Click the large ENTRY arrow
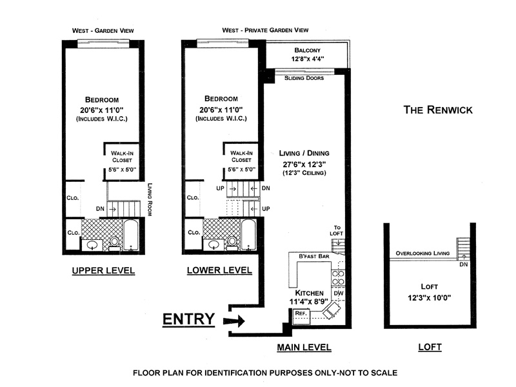pyautogui.click(x=234, y=321)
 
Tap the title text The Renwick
pyautogui.click(x=438, y=110)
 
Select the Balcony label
pyautogui.click(x=308, y=50)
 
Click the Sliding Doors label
pyautogui.click(x=304, y=79)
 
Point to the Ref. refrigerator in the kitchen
pyautogui.click(x=300, y=313)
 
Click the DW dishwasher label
pyautogui.click(x=338, y=294)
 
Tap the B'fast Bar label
pyautogui.click(x=314, y=257)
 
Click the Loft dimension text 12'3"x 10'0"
pyautogui.click(x=430, y=299)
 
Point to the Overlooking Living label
pyautogui.click(x=422, y=253)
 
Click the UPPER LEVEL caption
pyautogui.click(x=103, y=271)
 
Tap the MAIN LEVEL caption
pyautogui.click(x=304, y=347)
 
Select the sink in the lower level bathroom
pyautogui.click(x=213, y=244)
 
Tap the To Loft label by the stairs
pyautogui.click(x=334, y=228)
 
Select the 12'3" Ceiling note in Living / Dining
pyautogui.click(x=304, y=173)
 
